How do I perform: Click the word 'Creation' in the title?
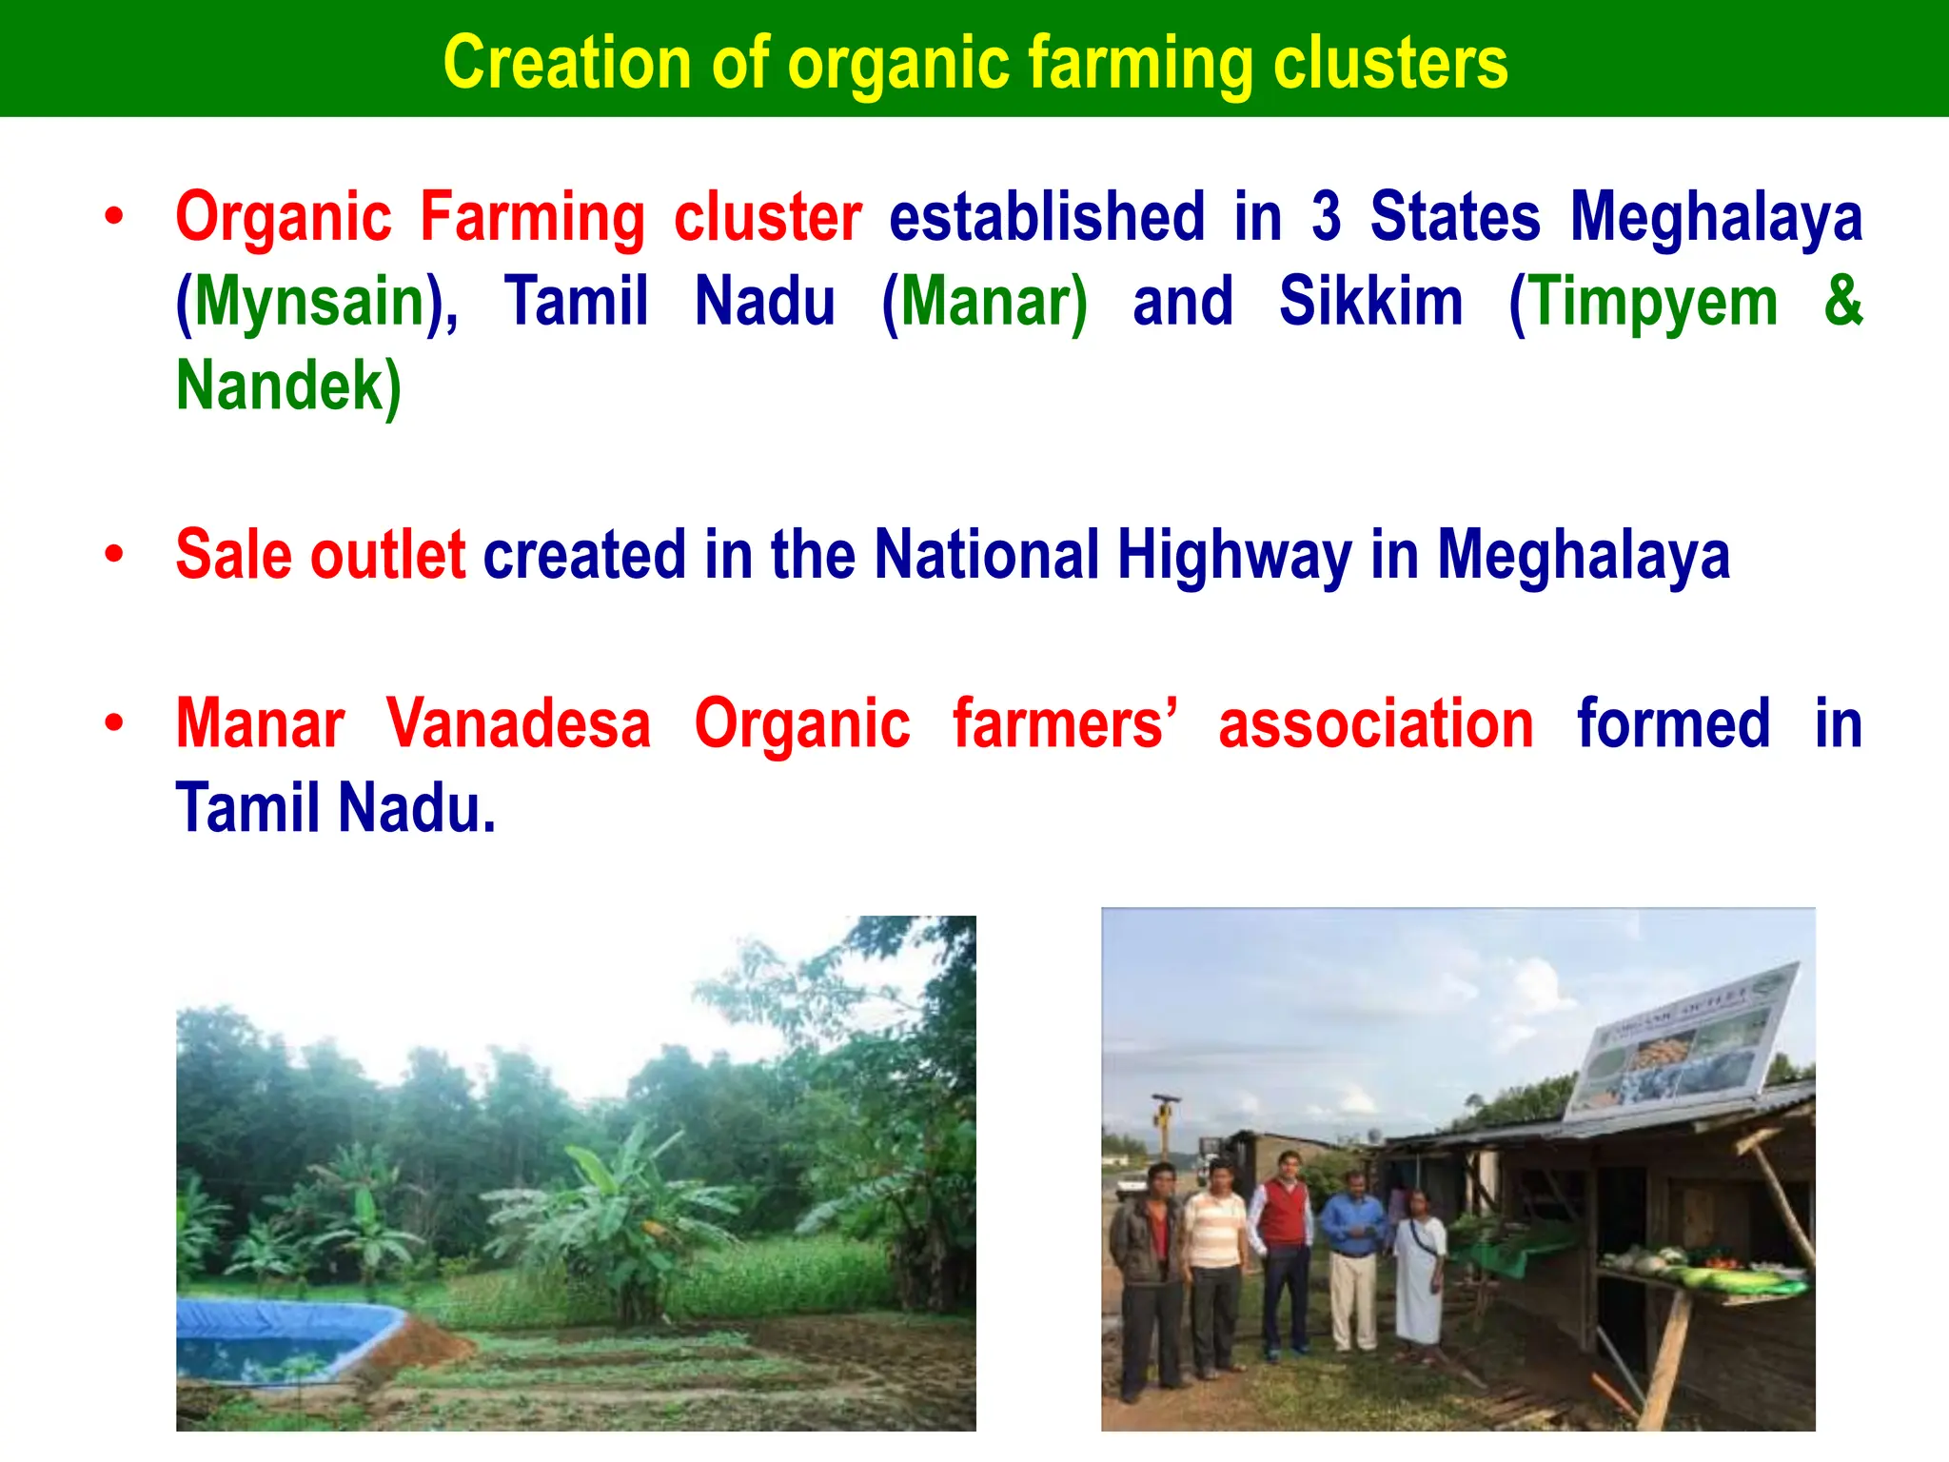[x=566, y=63]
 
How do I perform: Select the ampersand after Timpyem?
[x=1842, y=301]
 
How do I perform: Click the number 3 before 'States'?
[x=1326, y=217]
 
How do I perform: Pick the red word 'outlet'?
[x=387, y=555]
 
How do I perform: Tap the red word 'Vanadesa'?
[x=519, y=724]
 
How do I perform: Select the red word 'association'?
[x=1375, y=724]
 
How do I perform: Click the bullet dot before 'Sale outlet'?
[x=114, y=554]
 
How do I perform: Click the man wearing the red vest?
[x=1284, y=1247]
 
